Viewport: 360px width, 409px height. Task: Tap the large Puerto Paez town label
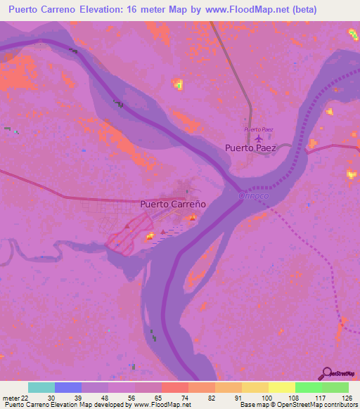pyautogui.click(x=251, y=148)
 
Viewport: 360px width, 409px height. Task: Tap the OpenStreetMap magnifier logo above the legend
pyautogui.click(x=340, y=373)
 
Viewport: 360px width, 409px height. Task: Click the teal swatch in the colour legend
pyautogui.click(x=41, y=387)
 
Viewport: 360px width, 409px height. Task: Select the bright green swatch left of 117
pyautogui.click(x=308, y=387)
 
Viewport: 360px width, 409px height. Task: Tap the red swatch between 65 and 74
pyautogui.click(x=174, y=387)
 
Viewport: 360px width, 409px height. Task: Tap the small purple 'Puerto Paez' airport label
pyautogui.click(x=258, y=129)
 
